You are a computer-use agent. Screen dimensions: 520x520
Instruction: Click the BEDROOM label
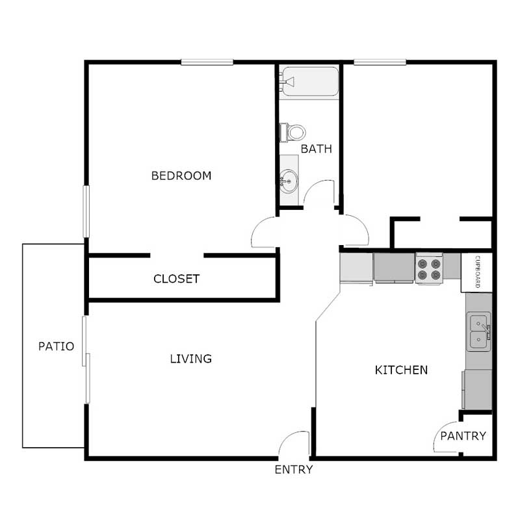(x=181, y=175)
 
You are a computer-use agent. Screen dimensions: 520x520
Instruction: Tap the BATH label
(x=316, y=149)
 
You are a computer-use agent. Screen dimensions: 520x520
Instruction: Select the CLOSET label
(x=176, y=279)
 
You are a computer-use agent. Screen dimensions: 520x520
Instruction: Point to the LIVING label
(x=190, y=358)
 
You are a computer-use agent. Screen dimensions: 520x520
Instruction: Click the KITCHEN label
(x=401, y=370)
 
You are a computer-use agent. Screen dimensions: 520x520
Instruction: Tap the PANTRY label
(x=463, y=436)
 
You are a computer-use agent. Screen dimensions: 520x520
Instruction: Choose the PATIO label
(x=55, y=346)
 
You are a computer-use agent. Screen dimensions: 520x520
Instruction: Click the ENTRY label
(x=294, y=469)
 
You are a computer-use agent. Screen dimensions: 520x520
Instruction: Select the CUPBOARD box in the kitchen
(x=476, y=272)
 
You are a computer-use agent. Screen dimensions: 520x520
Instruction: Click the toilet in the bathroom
(x=293, y=133)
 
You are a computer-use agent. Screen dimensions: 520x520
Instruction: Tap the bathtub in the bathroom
(x=310, y=81)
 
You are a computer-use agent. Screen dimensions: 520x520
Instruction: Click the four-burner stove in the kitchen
(x=429, y=269)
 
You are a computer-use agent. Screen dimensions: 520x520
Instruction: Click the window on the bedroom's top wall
(x=207, y=62)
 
